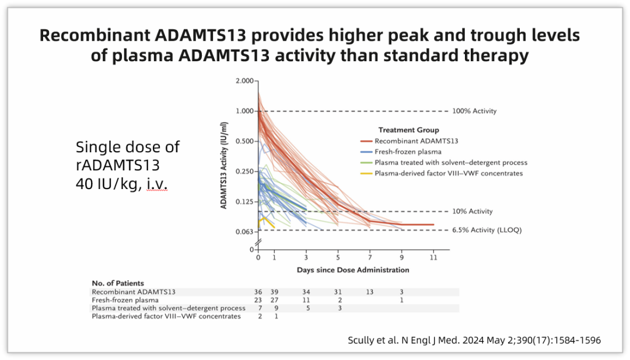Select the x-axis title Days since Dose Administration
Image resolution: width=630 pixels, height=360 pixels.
352,270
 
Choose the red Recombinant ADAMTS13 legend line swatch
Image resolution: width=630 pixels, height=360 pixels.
366,141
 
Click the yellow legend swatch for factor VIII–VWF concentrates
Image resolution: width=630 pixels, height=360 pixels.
366,173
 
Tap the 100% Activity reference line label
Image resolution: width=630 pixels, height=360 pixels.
474,111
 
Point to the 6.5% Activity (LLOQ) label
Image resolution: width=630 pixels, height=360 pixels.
487,230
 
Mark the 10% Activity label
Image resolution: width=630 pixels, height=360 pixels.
472,211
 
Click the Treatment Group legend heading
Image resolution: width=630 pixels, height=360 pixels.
408,130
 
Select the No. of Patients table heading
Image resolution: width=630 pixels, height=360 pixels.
118,284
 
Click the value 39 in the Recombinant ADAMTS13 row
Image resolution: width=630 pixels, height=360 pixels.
275,292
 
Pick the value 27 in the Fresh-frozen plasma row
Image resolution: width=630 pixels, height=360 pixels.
275,300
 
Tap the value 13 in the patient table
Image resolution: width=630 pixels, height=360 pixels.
369,292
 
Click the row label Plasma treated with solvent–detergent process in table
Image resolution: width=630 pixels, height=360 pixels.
169,308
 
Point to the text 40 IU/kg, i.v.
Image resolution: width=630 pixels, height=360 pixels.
121,183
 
